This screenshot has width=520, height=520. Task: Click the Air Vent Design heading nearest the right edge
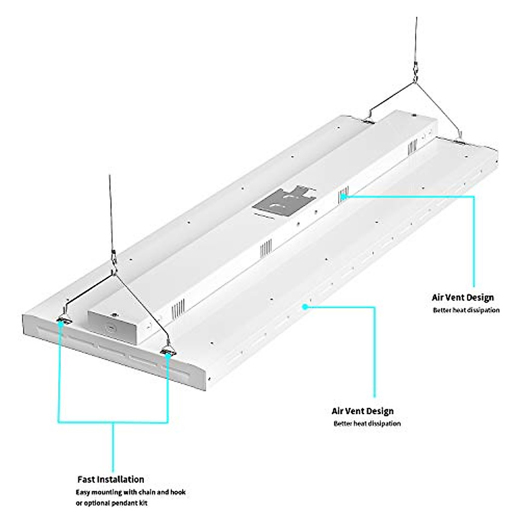pyautogui.click(x=462, y=298)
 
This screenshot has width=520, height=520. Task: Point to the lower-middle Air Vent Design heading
pyautogui.click(x=362, y=411)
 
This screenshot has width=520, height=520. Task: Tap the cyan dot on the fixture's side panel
pyautogui.click(x=305, y=306)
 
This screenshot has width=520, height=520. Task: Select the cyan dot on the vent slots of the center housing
pyautogui.click(x=343, y=195)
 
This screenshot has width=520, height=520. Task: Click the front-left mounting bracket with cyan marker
pyautogui.click(x=63, y=321)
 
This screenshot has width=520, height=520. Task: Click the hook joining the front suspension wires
pyautogui.click(x=114, y=264)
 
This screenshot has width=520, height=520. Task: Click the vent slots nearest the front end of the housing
pyautogui.click(x=178, y=309)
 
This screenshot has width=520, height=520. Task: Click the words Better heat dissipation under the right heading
pyautogui.click(x=466, y=310)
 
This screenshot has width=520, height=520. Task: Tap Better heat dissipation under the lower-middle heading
pyautogui.click(x=367, y=423)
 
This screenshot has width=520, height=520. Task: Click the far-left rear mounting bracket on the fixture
pyautogui.click(x=369, y=122)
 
